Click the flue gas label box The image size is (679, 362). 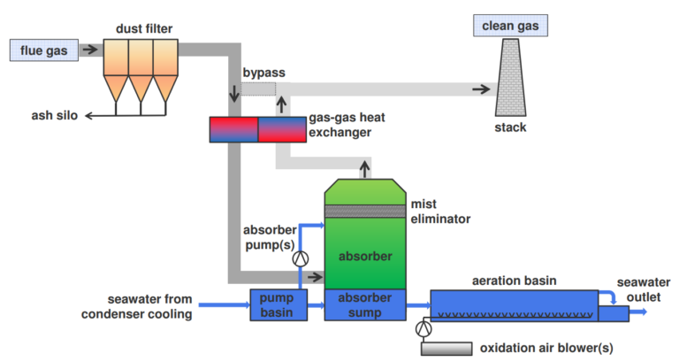click(44, 50)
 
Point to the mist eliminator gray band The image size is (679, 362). click(363, 212)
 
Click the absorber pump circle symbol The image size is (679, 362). click(301, 258)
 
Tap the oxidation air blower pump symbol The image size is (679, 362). click(423, 328)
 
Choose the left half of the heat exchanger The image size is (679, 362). click(233, 130)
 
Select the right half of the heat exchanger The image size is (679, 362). click(282, 130)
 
